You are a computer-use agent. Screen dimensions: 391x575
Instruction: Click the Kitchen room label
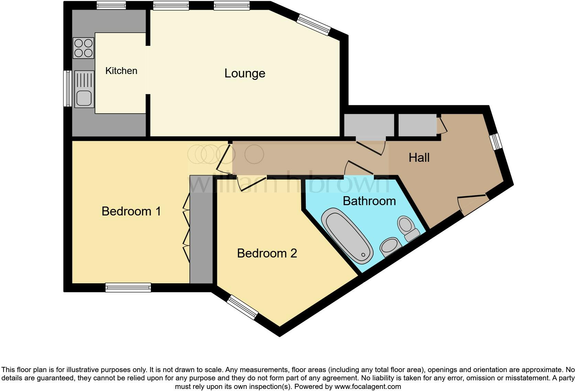pos(121,71)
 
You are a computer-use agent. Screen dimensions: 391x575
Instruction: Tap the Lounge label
pos(245,73)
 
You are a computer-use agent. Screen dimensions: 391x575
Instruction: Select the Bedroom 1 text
pos(131,211)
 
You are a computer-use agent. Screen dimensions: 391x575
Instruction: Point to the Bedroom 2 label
pos(267,253)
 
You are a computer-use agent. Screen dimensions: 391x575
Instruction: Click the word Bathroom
pos(369,201)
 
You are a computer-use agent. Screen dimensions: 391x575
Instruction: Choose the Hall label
pos(419,158)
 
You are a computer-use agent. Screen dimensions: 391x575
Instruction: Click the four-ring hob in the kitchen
pos(84,48)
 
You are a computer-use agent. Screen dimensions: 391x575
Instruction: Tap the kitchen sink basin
pos(84,98)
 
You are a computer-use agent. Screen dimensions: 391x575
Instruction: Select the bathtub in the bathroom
pos(347,236)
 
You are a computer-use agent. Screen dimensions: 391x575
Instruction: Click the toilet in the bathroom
pos(408,228)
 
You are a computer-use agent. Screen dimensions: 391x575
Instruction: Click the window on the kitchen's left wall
pos(68,88)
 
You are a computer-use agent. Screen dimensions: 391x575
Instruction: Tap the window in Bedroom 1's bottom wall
pos(128,287)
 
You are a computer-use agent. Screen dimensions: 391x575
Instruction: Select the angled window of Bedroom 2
pos(243,307)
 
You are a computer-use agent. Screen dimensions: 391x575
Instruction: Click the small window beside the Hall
pos(496,141)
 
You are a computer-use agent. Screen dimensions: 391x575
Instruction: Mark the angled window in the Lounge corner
pos(313,24)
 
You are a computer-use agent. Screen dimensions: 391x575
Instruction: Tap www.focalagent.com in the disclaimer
pos(367,387)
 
